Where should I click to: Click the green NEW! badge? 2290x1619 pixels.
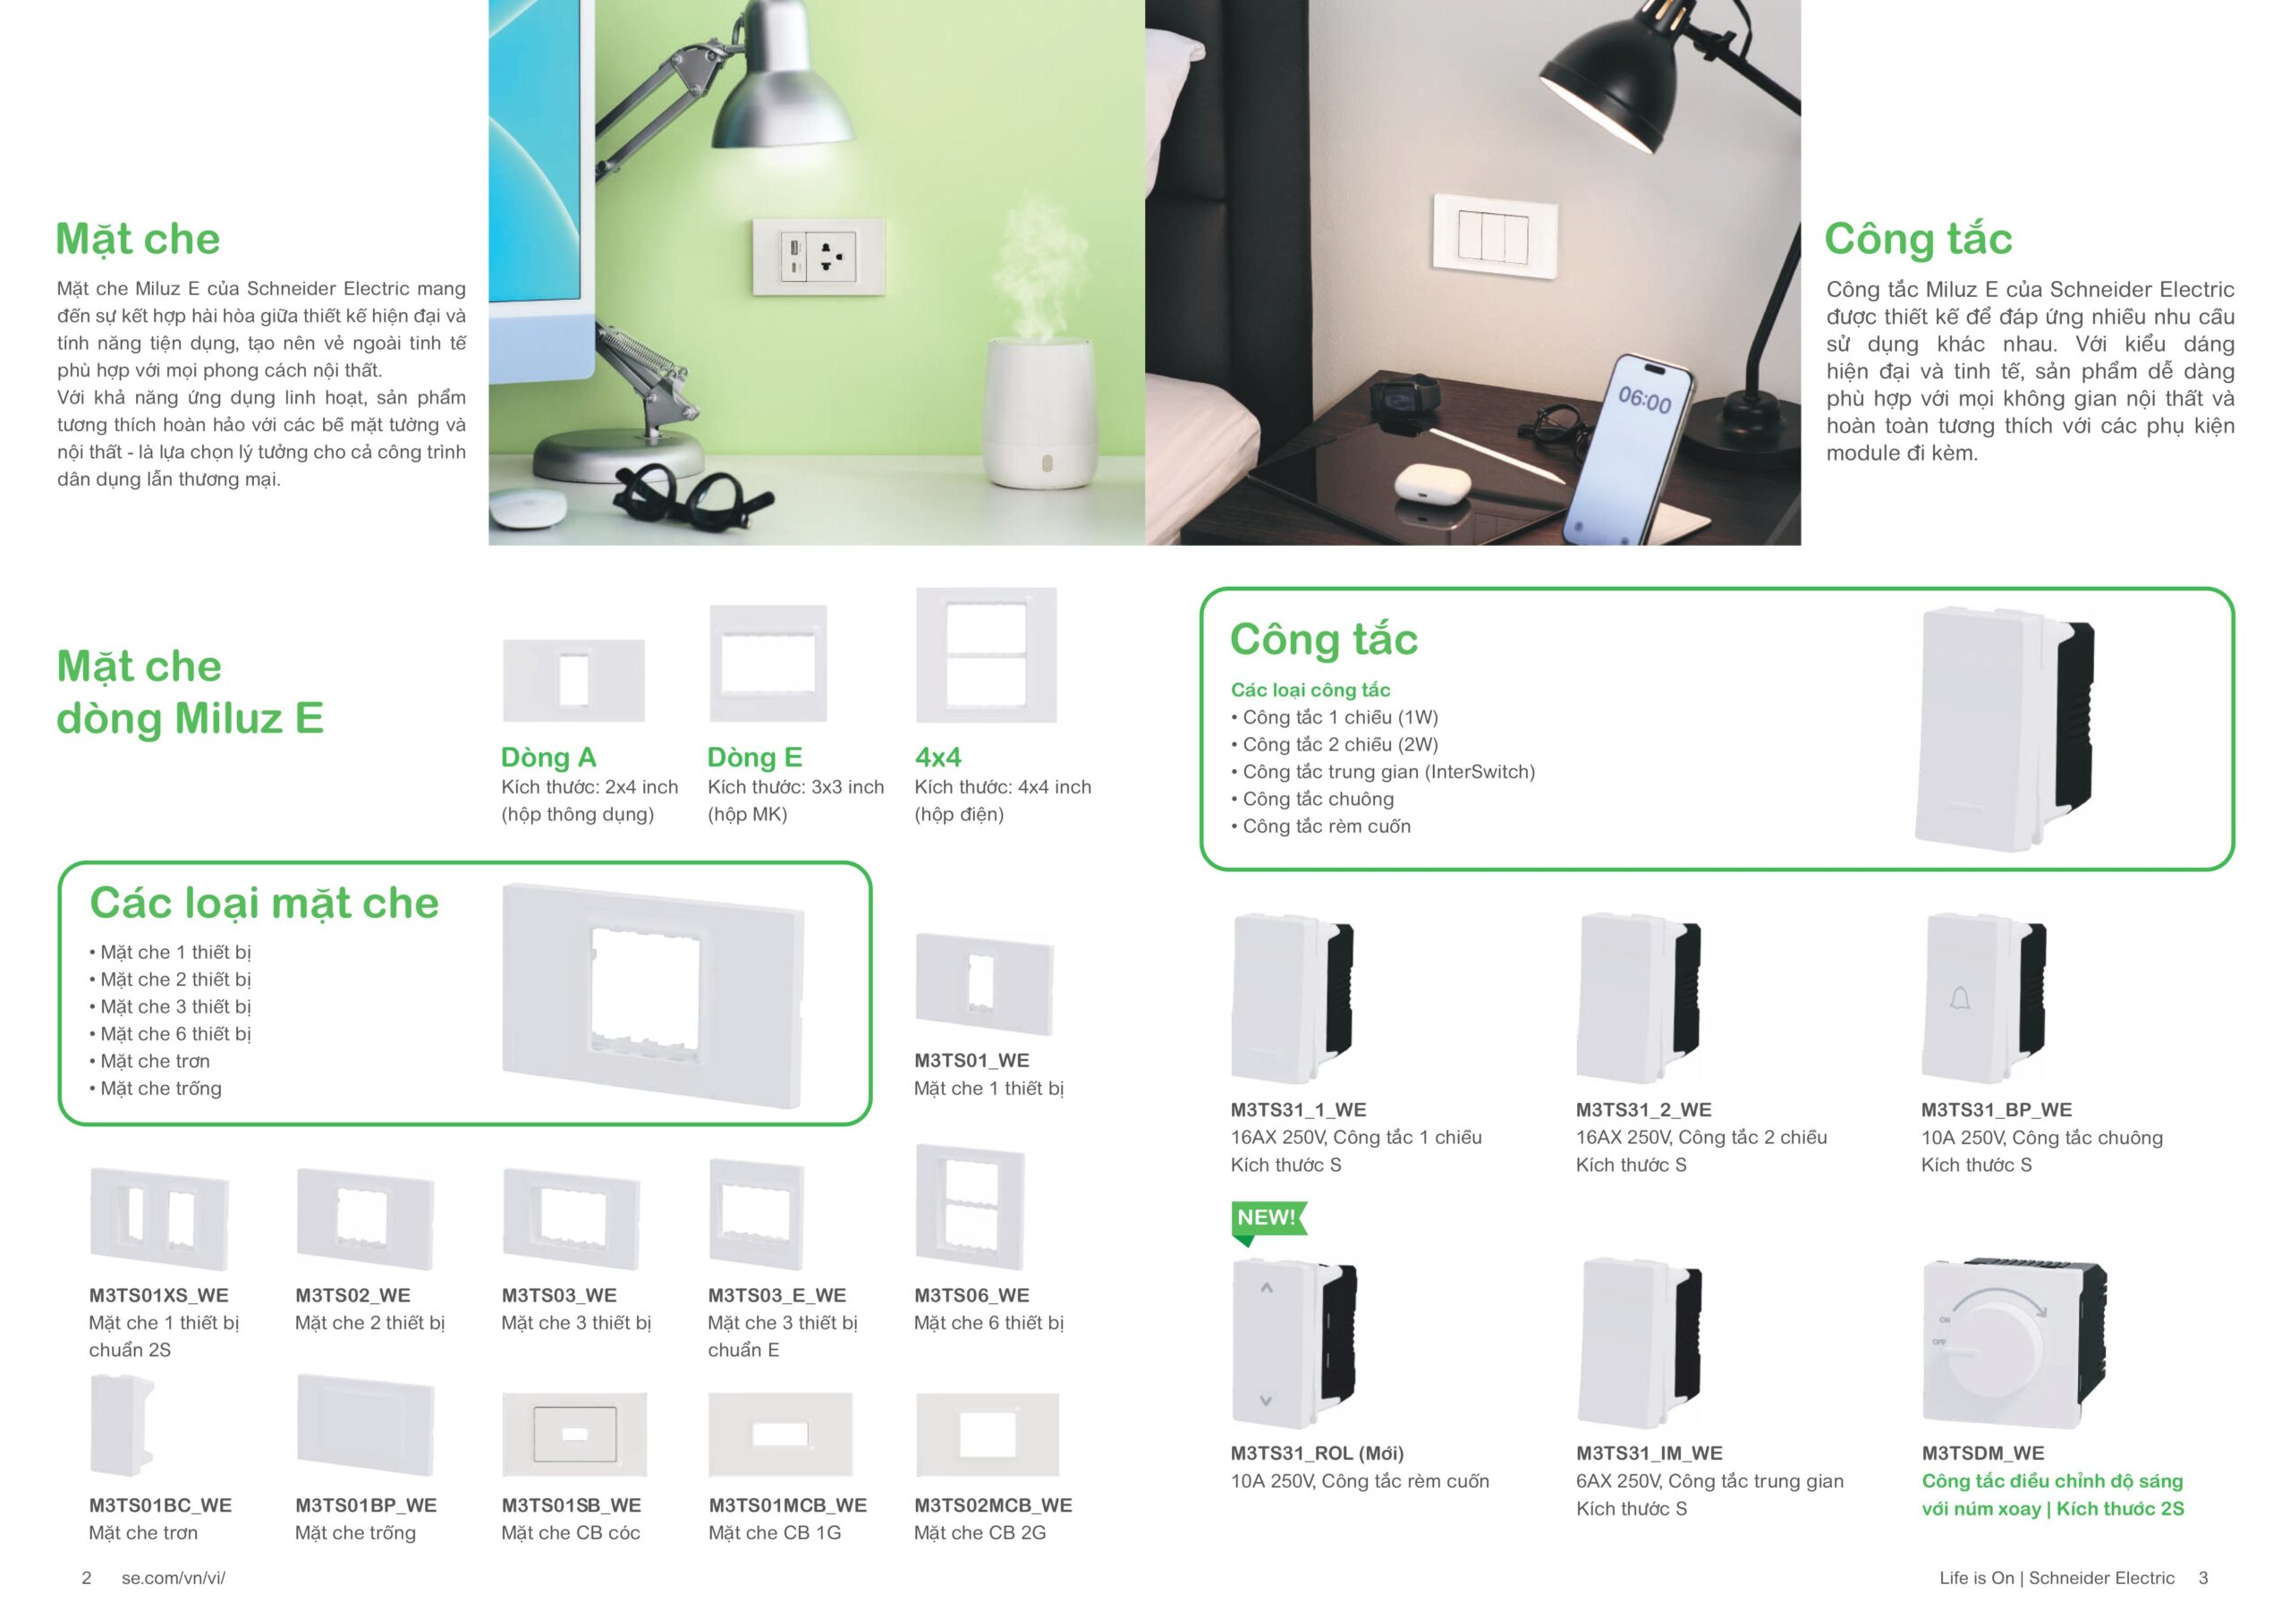1266,1218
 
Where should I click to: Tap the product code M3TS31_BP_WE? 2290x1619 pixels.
1996,1109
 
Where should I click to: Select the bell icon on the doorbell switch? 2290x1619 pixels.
1959,997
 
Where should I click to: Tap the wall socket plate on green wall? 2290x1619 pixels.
818,251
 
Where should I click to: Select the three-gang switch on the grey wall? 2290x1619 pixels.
1493,234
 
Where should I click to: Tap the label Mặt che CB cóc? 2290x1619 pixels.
571,1532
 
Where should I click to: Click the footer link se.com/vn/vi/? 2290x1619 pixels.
173,1577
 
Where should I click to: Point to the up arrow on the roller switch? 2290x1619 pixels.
1266,1288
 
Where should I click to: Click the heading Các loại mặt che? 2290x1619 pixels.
264,903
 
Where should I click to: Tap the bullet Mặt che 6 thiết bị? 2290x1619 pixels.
174,1033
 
